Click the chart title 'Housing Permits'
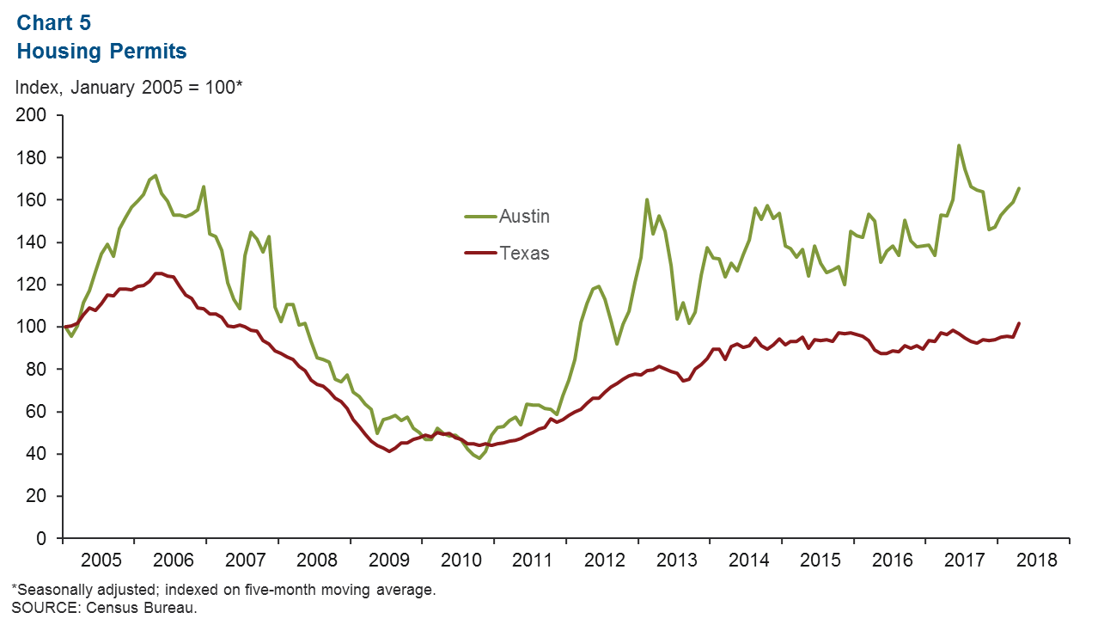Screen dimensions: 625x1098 (101, 52)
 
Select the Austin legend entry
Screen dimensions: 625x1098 (524, 217)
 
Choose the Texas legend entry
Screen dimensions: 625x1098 (524, 254)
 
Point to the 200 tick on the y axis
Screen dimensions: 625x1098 (38, 115)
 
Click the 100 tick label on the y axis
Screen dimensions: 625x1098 (38, 327)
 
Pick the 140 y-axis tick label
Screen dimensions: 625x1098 (38, 242)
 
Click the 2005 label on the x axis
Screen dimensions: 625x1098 (98, 560)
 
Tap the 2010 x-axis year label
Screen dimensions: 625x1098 (458, 560)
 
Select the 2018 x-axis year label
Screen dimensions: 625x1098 (1033, 560)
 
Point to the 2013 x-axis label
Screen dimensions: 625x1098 (674, 560)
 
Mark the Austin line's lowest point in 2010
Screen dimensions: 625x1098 (479, 458)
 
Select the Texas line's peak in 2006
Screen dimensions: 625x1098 (157, 273)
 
